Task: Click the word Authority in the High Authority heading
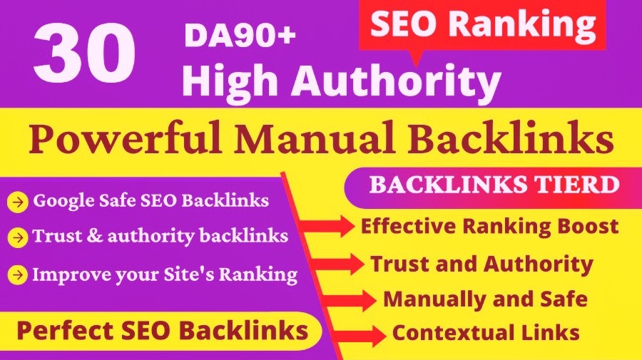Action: pyautogui.click(x=414, y=81)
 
